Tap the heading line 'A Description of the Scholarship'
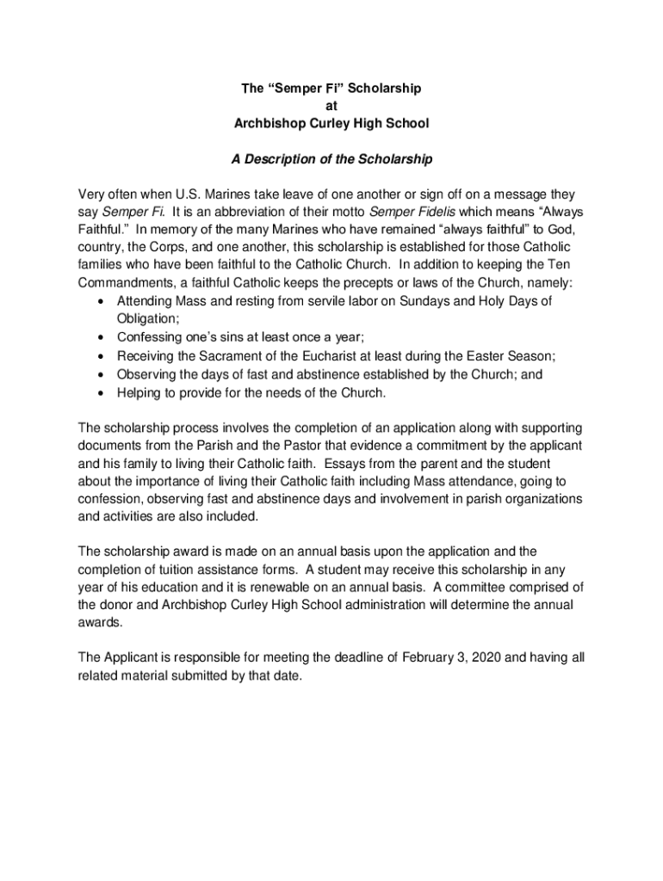coord(331,159)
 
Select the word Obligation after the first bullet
coord(148,318)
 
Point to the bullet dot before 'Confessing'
coord(103,337)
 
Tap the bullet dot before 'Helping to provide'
coord(103,393)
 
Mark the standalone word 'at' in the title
coord(331,106)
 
